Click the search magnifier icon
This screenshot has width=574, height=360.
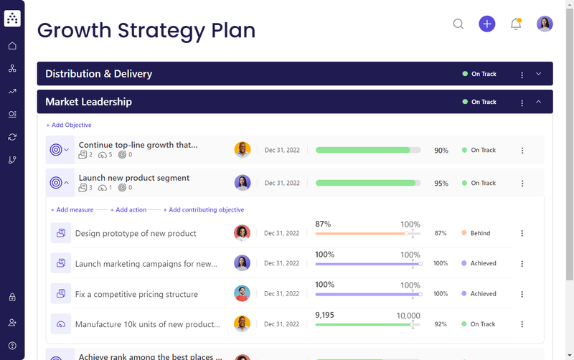pos(458,24)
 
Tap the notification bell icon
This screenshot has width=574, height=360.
pos(515,24)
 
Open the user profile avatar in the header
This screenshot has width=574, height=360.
pos(545,24)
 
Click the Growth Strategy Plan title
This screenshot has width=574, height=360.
pos(146,30)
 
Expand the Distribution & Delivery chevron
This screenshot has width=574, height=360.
pos(539,74)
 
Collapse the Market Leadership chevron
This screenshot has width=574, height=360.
pos(539,102)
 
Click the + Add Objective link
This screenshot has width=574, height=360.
pos(69,125)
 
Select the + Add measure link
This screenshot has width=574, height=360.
pos(72,210)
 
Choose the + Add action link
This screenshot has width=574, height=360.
pos(131,210)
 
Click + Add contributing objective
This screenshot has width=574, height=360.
pos(204,210)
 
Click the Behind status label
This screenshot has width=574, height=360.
pos(480,233)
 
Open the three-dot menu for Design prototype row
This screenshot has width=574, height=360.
pos(522,233)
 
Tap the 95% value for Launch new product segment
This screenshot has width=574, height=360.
pos(441,184)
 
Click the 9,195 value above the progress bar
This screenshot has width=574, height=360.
pos(325,315)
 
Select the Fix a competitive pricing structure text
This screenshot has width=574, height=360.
pos(136,294)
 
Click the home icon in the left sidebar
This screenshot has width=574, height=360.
pos(12,46)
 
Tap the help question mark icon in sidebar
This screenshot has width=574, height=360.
pos(12,346)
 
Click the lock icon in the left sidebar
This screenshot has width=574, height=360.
pos(12,297)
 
